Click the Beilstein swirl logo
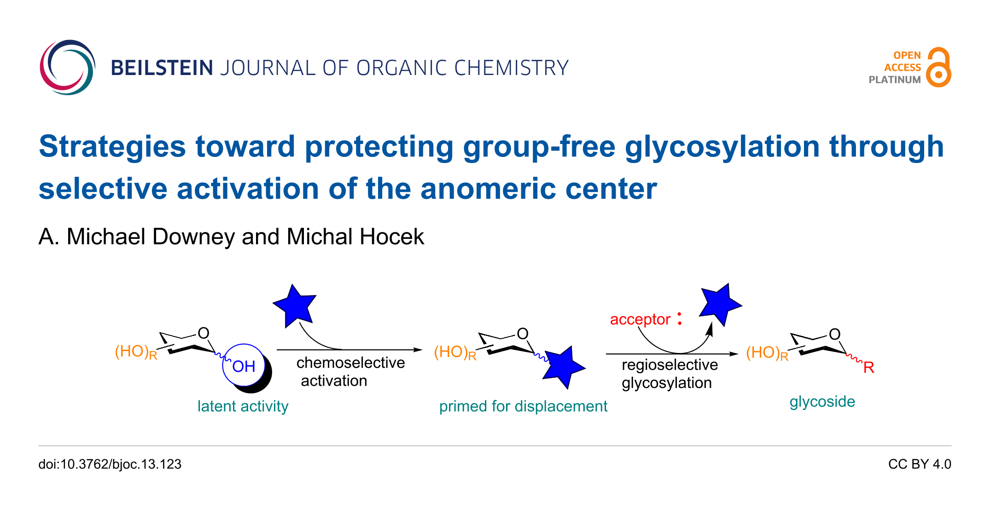[67, 67]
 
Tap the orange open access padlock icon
[938, 67]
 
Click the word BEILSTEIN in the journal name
[162, 68]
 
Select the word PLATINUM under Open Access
[895, 80]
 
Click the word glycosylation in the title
[722, 147]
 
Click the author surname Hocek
[391, 237]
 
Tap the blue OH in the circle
[244, 366]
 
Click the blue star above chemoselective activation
[295, 306]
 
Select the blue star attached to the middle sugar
[563, 368]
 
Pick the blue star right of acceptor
[720, 304]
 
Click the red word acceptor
[640, 319]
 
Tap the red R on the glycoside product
[869, 367]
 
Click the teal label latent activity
[243, 406]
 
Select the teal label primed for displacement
[523, 406]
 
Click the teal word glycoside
[822, 402]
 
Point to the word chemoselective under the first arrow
[350, 363]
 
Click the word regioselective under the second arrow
[670, 365]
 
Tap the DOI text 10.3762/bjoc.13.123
[121, 464]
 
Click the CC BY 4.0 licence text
[920, 464]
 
